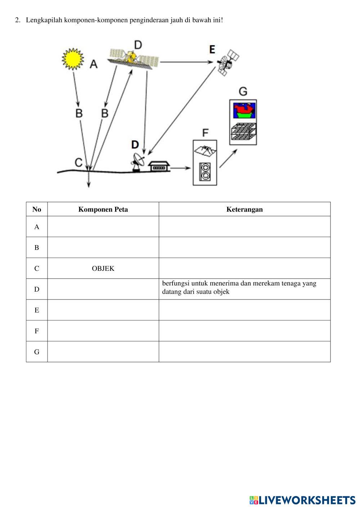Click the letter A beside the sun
94,64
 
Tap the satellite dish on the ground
138,162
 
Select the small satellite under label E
228,63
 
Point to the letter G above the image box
243,91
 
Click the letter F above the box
205,132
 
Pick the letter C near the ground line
79,162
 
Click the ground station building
159,166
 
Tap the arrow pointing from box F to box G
228,158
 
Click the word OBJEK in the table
103,269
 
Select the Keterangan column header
244,210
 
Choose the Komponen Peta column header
103,210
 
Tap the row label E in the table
37,310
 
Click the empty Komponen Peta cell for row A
103,227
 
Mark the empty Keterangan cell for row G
244,352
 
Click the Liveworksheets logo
302,500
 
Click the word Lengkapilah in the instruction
44,20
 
